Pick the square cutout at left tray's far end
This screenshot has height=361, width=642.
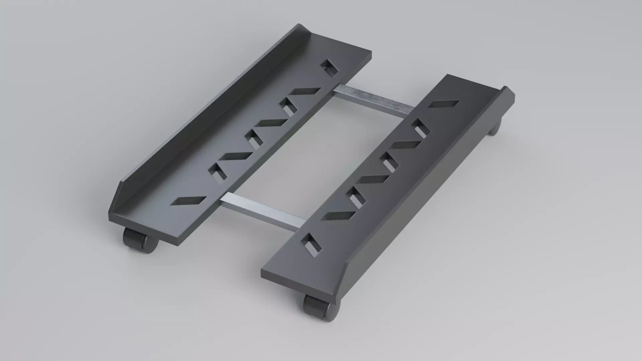pos(330,68)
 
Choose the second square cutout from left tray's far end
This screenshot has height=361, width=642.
pos(287,107)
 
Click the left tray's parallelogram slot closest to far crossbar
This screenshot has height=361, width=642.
pos(305,91)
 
